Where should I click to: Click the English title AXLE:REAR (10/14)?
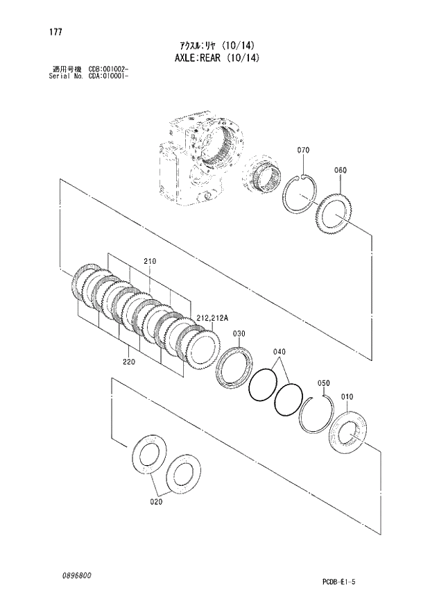215,58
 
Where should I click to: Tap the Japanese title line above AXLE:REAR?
216,44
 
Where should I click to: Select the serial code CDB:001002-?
110,69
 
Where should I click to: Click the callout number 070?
303,151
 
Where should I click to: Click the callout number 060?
340,170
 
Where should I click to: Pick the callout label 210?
150,261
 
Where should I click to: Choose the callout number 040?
279,351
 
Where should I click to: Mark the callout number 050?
323,382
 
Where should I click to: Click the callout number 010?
347,396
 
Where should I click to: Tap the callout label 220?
129,362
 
